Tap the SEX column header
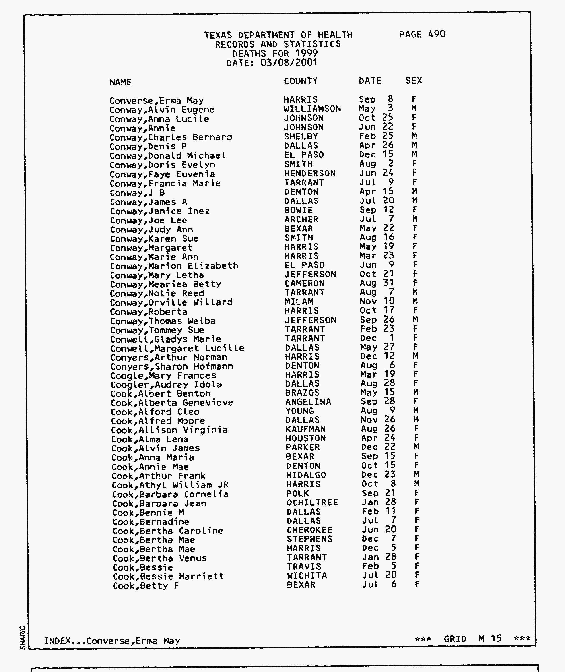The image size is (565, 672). (x=414, y=80)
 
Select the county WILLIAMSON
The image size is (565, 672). (x=312, y=109)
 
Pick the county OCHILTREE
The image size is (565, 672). (x=312, y=503)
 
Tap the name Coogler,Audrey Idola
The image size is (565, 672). (x=166, y=385)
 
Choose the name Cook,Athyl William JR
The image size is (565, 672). (x=170, y=485)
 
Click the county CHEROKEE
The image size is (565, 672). (x=309, y=530)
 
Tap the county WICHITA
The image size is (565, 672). (x=307, y=576)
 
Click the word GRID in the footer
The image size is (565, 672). (x=455, y=639)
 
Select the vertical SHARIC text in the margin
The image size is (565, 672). (x=22, y=637)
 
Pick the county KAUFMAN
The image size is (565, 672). (x=306, y=429)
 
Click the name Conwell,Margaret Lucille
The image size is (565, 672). (x=177, y=348)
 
